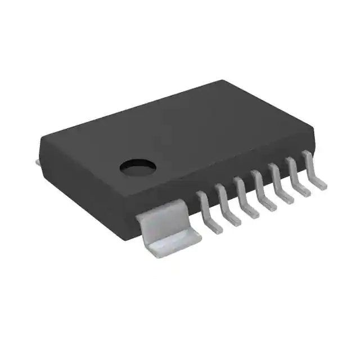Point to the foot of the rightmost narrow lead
[x=319, y=184]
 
